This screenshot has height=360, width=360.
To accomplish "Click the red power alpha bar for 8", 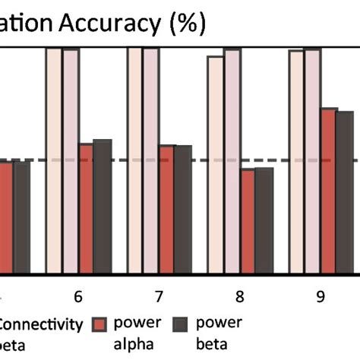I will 248,221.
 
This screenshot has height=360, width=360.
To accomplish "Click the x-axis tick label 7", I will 159,295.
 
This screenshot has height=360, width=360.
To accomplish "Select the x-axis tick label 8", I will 240,295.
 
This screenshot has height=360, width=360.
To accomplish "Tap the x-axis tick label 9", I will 321,295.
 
